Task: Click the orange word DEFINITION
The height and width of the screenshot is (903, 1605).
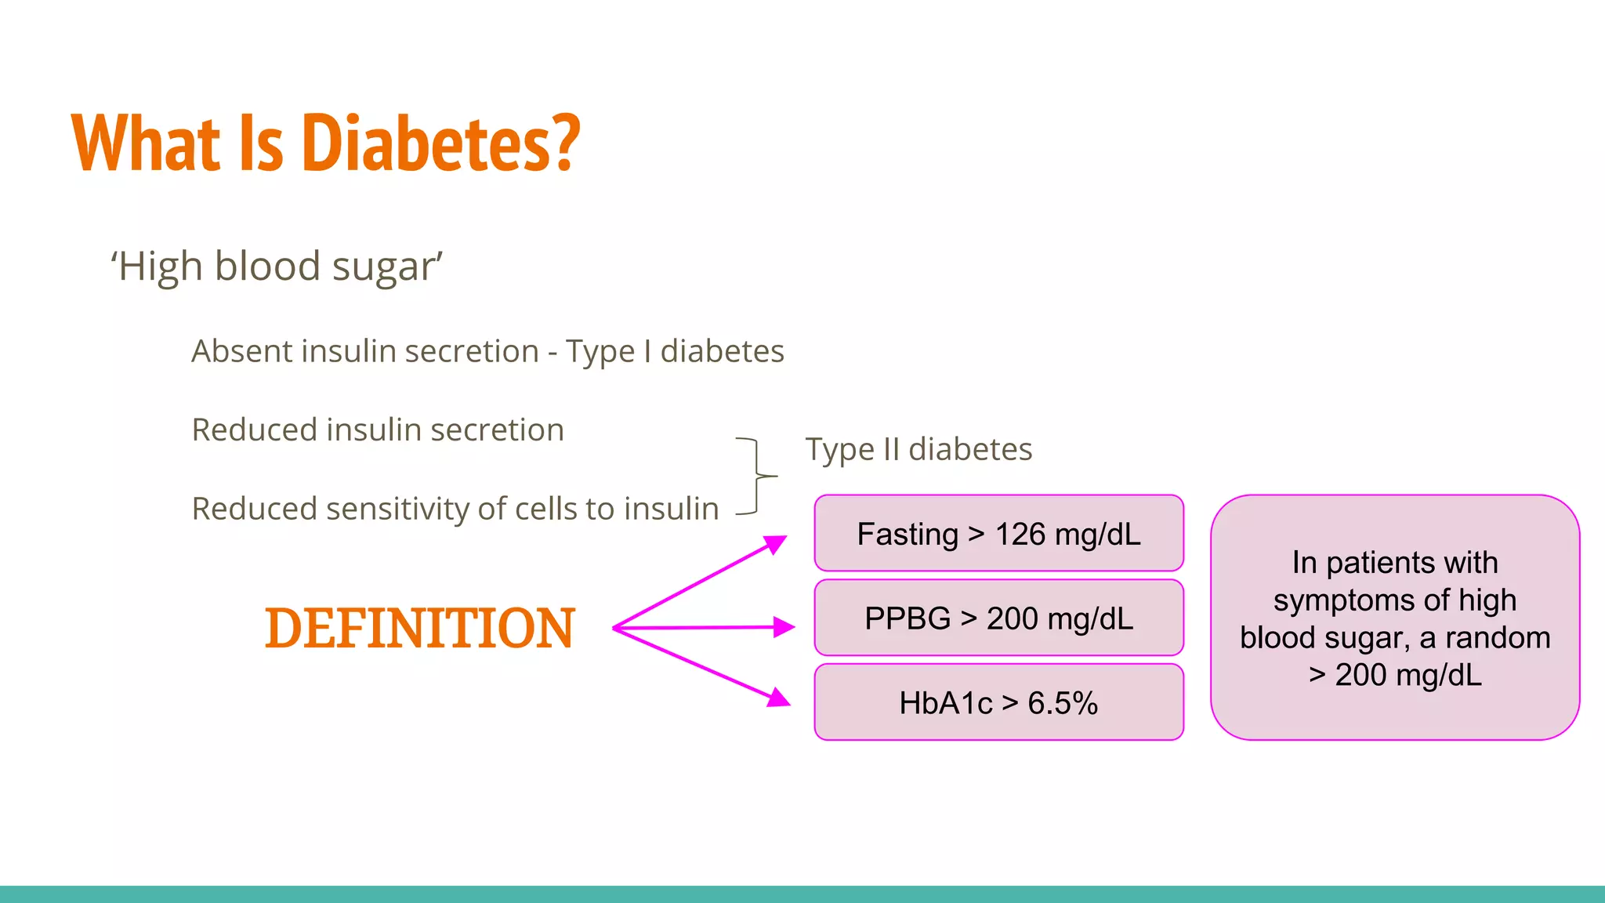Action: click(420, 629)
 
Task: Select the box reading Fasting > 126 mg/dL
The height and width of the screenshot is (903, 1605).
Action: click(998, 534)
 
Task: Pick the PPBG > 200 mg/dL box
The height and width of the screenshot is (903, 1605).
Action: click(998, 618)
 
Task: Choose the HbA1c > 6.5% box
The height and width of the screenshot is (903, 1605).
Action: click(998, 703)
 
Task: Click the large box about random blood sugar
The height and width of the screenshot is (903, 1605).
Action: click(1395, 618)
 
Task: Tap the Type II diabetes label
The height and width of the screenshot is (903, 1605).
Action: click(918, 450)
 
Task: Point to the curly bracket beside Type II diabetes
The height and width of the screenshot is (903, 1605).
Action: click(757, 476)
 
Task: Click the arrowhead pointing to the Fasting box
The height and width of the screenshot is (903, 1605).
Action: click(776, 543)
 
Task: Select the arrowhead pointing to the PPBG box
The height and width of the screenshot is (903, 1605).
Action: click(784, 627)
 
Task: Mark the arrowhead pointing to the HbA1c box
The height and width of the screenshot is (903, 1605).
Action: click(778, 697)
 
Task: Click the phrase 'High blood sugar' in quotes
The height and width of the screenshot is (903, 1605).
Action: click(277, 267)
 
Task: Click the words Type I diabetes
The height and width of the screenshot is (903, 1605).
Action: click(675, 351)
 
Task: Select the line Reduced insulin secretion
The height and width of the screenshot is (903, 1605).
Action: click(378, 430)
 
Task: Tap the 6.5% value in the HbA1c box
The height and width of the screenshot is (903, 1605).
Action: click(1063, 703)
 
